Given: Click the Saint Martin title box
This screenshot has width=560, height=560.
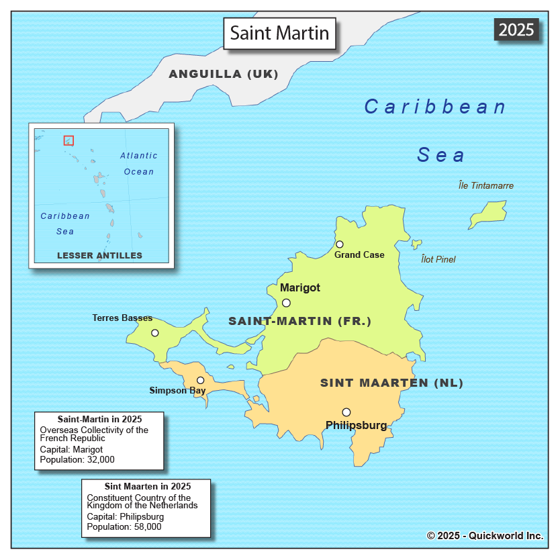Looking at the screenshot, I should tap(279, 33).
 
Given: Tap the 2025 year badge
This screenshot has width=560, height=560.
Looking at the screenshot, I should tap(516, 30).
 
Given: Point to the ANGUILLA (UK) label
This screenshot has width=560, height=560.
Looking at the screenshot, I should tap(224, 74).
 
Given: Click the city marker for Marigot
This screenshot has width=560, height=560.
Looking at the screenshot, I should tap(286, 303).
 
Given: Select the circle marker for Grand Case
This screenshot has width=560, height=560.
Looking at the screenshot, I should tap(340, 244).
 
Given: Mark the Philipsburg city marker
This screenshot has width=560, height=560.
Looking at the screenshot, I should tap(346, 412).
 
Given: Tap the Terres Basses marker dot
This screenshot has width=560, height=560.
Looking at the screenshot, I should tap(155, 333).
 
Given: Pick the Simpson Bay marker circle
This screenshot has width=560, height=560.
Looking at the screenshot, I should tap(200, 380).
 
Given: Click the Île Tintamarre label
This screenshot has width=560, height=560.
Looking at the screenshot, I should tap(486, 186).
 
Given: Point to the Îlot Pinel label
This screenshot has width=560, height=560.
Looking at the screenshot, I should tap(438, 259).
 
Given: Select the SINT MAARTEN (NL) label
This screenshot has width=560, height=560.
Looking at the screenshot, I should tap(391, 383).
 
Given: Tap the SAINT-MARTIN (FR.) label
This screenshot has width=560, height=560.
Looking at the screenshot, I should tap(299, 321).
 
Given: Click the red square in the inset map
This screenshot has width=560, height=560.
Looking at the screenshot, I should tap(68, 140).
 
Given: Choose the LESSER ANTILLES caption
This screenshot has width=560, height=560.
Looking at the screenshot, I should tap(99, 255).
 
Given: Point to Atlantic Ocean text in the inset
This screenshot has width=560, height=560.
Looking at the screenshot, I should tap(139, 163).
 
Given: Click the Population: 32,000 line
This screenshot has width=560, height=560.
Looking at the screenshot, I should tap(77, 459).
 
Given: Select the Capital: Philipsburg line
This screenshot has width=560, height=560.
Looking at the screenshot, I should tap(126, 517).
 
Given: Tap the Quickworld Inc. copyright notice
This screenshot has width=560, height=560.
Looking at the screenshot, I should tap(485, 535).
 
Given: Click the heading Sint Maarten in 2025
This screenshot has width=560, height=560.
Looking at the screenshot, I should tap(148, 486).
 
